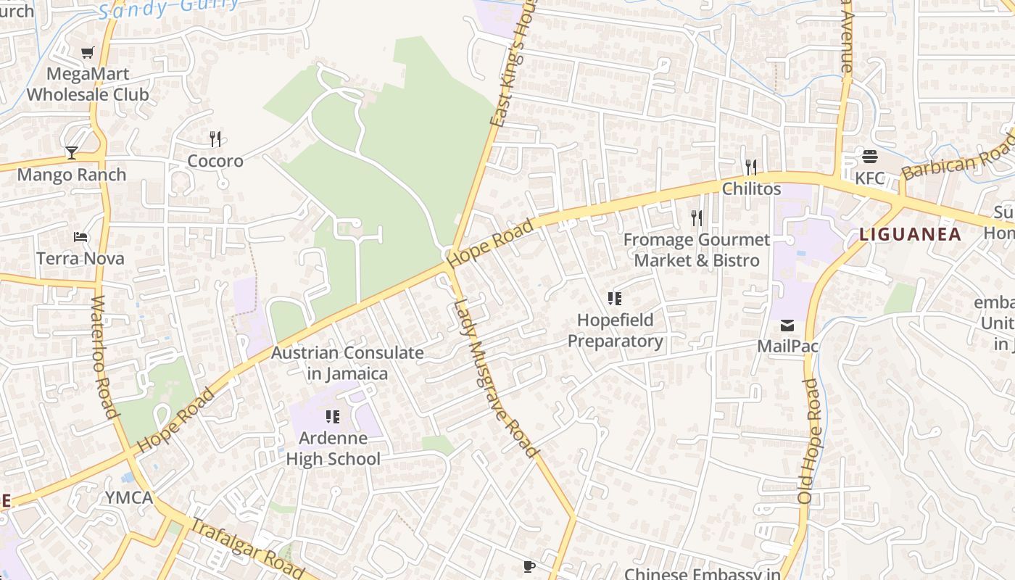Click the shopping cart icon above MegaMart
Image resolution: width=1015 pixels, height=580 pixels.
pos(88,52)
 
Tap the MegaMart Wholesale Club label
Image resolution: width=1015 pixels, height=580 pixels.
pos(88,84)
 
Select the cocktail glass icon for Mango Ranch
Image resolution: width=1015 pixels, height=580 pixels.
pos(72,152)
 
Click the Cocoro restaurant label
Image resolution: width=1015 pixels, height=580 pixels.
pos(215,160)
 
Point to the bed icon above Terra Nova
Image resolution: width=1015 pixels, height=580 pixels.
pos(80,237)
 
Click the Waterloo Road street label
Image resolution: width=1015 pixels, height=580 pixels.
pos(104,357)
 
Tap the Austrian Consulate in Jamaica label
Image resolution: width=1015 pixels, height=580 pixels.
pos(347,363)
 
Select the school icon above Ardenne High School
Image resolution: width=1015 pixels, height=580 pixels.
pos(333,416)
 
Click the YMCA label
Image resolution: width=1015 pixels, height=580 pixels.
pos(129,498)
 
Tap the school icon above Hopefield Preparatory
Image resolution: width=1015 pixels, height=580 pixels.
pos(615,299)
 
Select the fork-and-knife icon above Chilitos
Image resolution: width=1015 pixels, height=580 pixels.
pos(751,167)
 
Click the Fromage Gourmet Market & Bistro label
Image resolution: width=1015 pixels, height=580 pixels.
pos(697,249)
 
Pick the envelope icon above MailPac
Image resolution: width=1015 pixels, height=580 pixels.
pos(787,325)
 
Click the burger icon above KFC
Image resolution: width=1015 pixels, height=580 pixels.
pos(870,157)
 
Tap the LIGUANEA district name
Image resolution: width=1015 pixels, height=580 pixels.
pos(911,234)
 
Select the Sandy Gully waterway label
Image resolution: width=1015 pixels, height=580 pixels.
pos(168,7)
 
